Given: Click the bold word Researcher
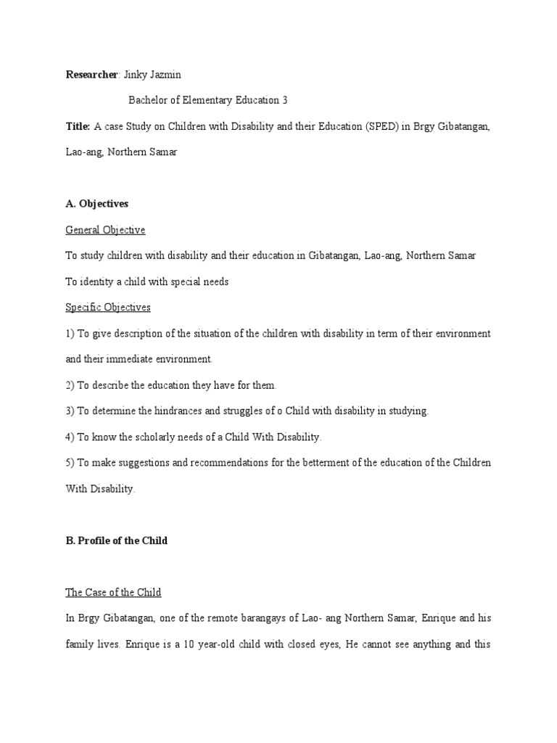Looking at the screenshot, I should tap(91, 75).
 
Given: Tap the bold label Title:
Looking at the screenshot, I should tap(78, 126).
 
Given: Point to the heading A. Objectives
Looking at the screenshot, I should tap(96, 204).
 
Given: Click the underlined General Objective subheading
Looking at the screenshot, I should tap(105, 230).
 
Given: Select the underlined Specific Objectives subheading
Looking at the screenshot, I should tap(108, 308).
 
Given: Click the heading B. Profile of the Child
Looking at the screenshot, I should tap(116, 541).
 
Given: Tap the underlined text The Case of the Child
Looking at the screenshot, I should tap(113, 593).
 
